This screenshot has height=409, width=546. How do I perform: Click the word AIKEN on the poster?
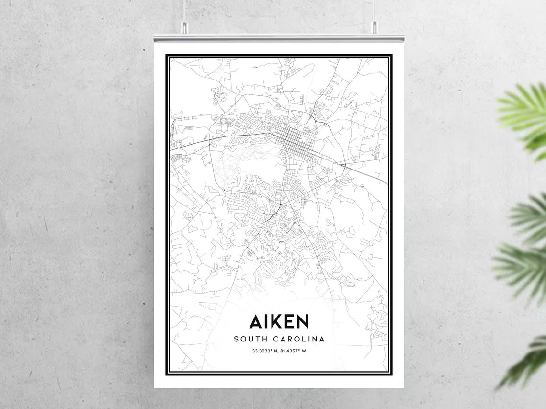click(x=279, y=321)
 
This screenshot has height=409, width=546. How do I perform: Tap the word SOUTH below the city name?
click(x=249, y=339)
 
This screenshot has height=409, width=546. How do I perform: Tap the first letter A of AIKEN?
click(x=255, y=321)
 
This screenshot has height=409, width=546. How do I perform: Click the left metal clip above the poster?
click(x=184, y=28)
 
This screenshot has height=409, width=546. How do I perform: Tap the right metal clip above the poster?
click(x=374, y=28)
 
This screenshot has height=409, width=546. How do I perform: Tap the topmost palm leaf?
click(x=524, y=113)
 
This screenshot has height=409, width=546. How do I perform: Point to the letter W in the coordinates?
click(x=304, y=351)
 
